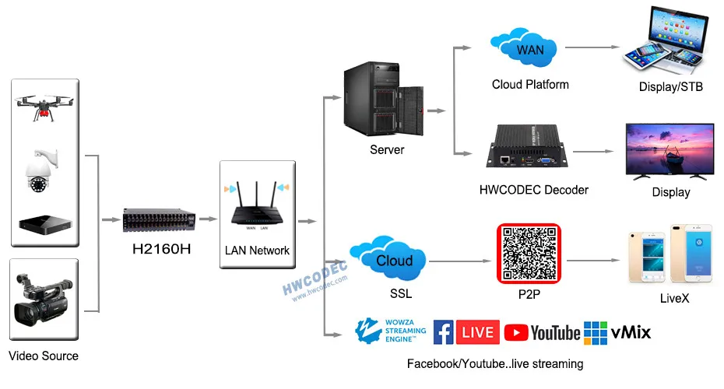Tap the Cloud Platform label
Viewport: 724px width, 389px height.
[530, 84]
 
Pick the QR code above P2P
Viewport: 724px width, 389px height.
[529, 254]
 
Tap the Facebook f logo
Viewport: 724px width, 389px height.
[443, 332]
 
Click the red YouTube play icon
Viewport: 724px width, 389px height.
[515, 333]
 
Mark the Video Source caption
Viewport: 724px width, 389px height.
[44, 356]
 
